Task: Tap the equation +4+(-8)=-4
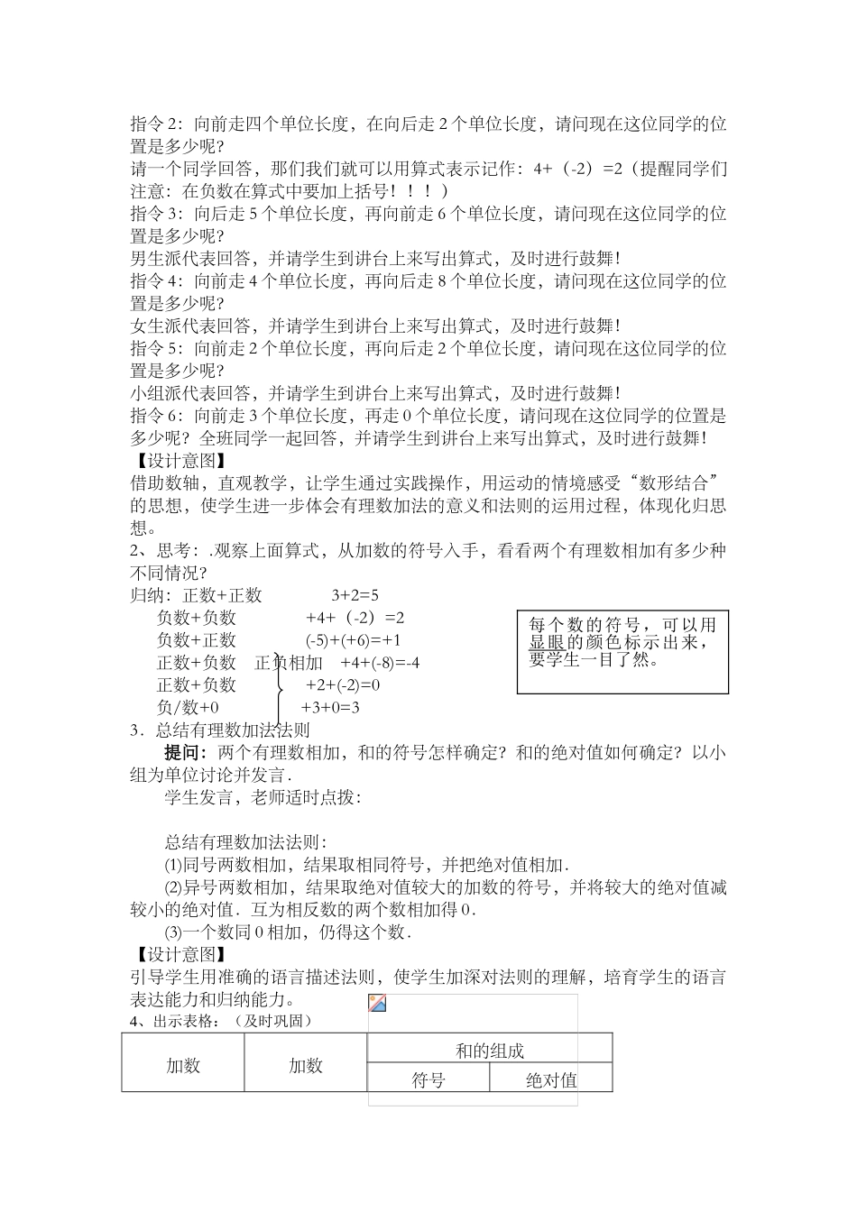click(380, 663)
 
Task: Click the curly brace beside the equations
click(281, 690)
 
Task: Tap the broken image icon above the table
click(378, 1004)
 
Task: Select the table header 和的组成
click(490, 1051)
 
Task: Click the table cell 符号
click(428, 1079)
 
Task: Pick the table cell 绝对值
click(551, 1079)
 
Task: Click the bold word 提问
click(185, 753)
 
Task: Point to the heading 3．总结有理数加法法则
click(221, 730)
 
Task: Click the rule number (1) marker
click(173, 865)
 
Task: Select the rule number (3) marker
click(173, 932)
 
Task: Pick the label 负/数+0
click(188, 708)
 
